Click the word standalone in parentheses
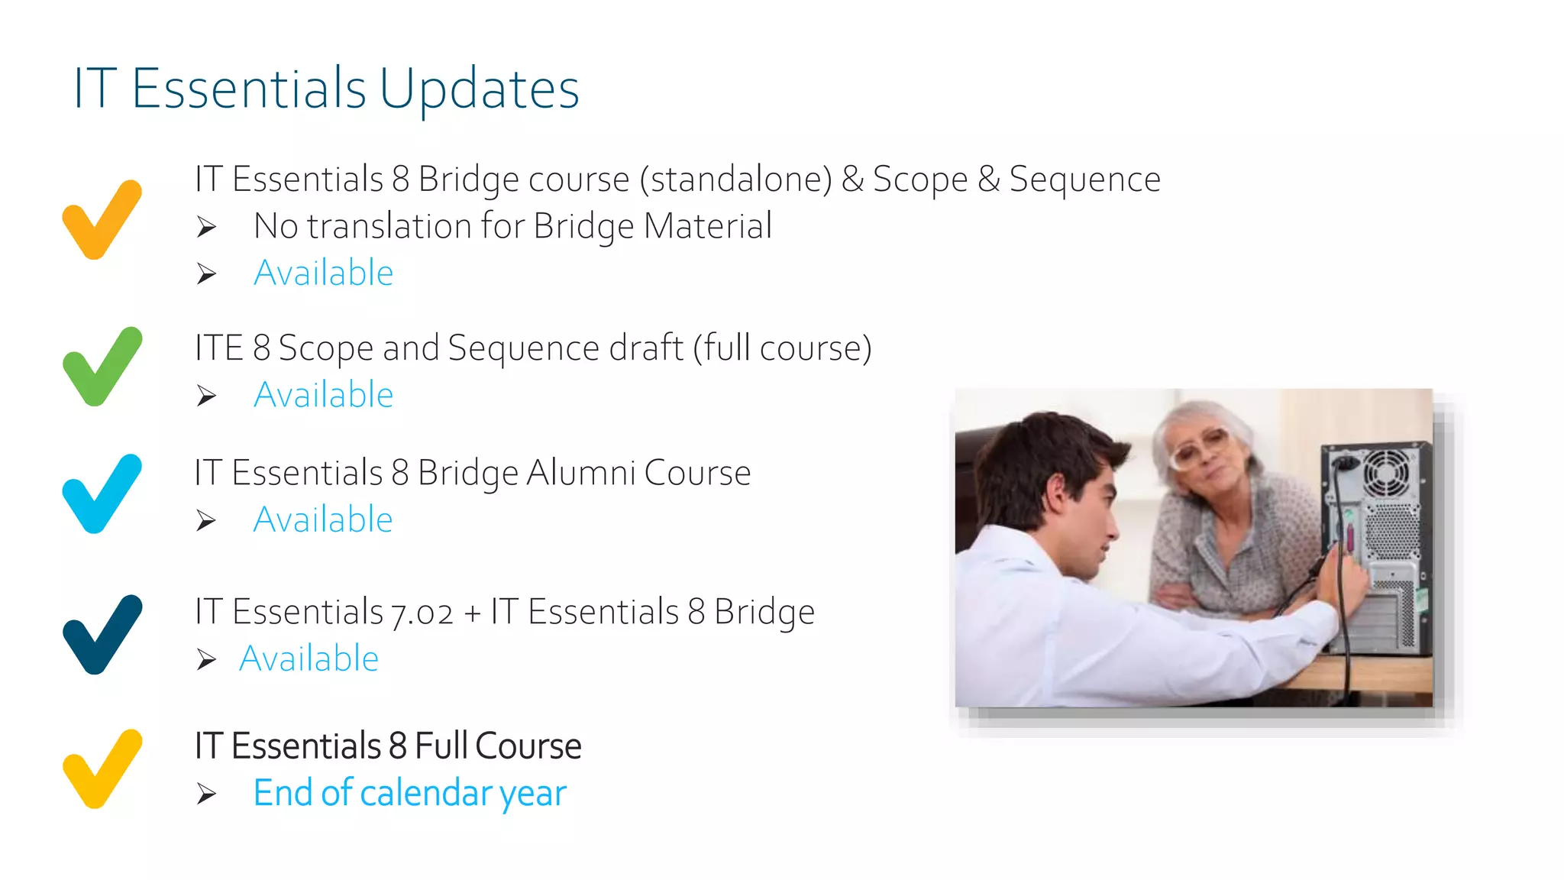(736, 180)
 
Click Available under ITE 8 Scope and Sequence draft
(323, 395)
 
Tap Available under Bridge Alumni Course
(323, 519)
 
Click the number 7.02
(422, 613)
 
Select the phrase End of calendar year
(409, 793)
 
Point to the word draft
(645, 348)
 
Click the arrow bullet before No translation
(206, 227)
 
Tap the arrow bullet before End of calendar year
(206, 794)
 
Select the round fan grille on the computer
(1386, 471)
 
